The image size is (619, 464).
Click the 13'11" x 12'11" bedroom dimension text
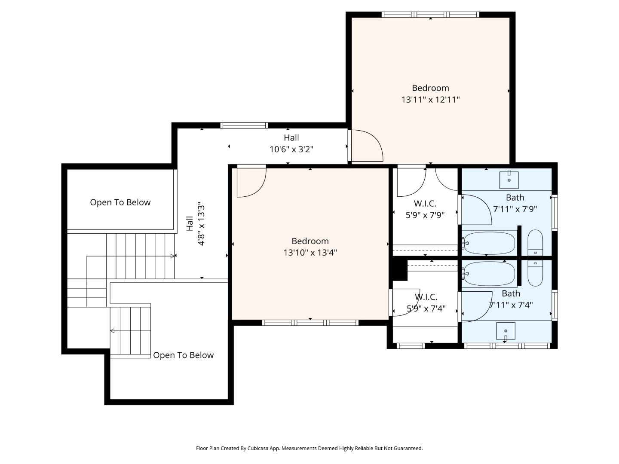(430, 100)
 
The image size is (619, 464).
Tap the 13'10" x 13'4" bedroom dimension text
(310, 253)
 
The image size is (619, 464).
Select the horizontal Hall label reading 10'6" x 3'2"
(291, 144)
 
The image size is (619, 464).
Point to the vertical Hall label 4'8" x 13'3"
(196, 224)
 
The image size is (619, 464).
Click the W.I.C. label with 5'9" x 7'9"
(425, 209)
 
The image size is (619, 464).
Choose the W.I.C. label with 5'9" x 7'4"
(426, 303)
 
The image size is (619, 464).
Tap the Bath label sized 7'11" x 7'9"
(515, 203)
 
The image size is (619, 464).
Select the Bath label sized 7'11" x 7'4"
(511, 299)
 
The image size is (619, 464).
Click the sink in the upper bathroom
(509, 180)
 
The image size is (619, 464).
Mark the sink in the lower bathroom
(506, 331)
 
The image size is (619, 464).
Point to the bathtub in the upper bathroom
(489, 243)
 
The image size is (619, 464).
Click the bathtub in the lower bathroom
(489, 274)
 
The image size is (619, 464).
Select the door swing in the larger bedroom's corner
(251, 182)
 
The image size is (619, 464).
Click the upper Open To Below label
(120, 202)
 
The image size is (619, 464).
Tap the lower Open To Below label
(183, 355)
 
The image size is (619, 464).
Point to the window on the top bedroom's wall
(430, 15)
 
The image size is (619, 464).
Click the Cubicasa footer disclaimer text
(309, 448)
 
